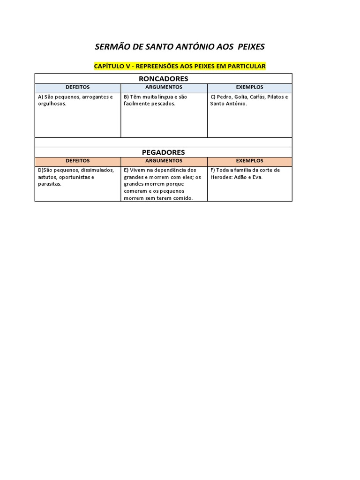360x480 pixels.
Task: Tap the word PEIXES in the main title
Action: tap(251, 47)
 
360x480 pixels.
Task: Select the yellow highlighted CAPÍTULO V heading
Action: tap(180, 66)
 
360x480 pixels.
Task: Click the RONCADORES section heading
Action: tap(164, 78)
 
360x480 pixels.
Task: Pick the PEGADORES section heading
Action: tap(164, 152)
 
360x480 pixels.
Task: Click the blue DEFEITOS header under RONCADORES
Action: tap(78, 87)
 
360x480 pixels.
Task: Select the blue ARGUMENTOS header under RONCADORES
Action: tap(164, 87)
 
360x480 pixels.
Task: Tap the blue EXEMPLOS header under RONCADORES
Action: tap(250, 87)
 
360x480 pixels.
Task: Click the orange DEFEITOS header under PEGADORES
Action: tap(78, 161)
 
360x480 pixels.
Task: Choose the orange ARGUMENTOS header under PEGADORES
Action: tap(164, 161)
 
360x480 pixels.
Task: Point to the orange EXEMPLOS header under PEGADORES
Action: tap(250, 161)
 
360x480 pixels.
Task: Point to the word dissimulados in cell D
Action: tap(97, 170)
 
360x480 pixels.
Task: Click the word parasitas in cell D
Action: tap(49, 184)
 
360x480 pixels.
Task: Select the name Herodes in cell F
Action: tap(222, 177)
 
